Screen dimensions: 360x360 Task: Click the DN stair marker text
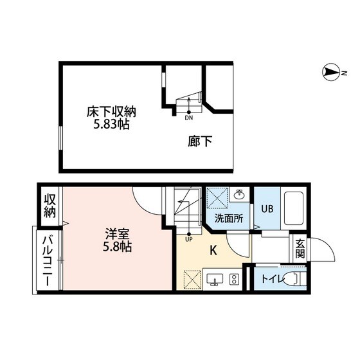[x=189, y=118]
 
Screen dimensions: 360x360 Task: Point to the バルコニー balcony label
[x=48, y=262]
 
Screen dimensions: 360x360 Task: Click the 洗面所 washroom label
[x=228, y=218]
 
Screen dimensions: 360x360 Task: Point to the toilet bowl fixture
[x=294, y=279]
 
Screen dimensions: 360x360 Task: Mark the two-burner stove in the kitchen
[x=234, y=279]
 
